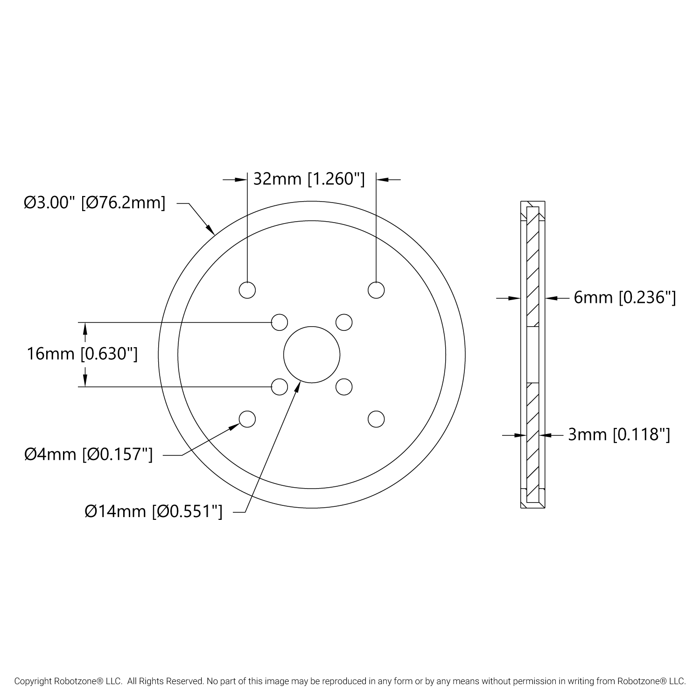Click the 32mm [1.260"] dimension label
point(309,179)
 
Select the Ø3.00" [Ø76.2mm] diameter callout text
point(95,203)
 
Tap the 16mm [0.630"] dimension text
point(82,354)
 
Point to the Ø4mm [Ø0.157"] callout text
point(89,454)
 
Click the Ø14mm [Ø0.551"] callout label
point(154,512)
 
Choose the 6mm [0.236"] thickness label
point(625,297)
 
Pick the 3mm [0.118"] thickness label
point(619,435)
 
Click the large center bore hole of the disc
point(312,355)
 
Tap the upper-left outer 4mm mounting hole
point(247,290)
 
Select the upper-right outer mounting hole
point(376,290)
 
